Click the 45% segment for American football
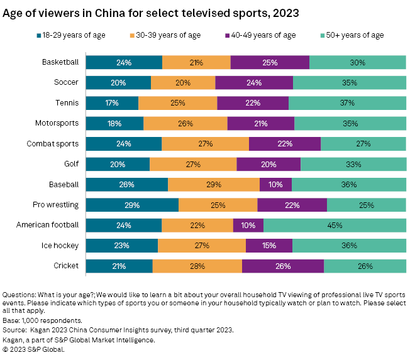[335, 226]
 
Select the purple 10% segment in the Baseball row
[275, 185]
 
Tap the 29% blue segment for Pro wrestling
[132, 205]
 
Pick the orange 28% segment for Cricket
[197, 266]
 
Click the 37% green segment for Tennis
[347, 103]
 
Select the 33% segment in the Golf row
[353, 165]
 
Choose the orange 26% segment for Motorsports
[185, 124]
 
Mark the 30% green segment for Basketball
[357, 62]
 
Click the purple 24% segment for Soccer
[254, 83]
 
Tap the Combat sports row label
[53, 144]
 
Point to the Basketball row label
[60, 62]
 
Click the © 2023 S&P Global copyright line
[33, 349]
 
